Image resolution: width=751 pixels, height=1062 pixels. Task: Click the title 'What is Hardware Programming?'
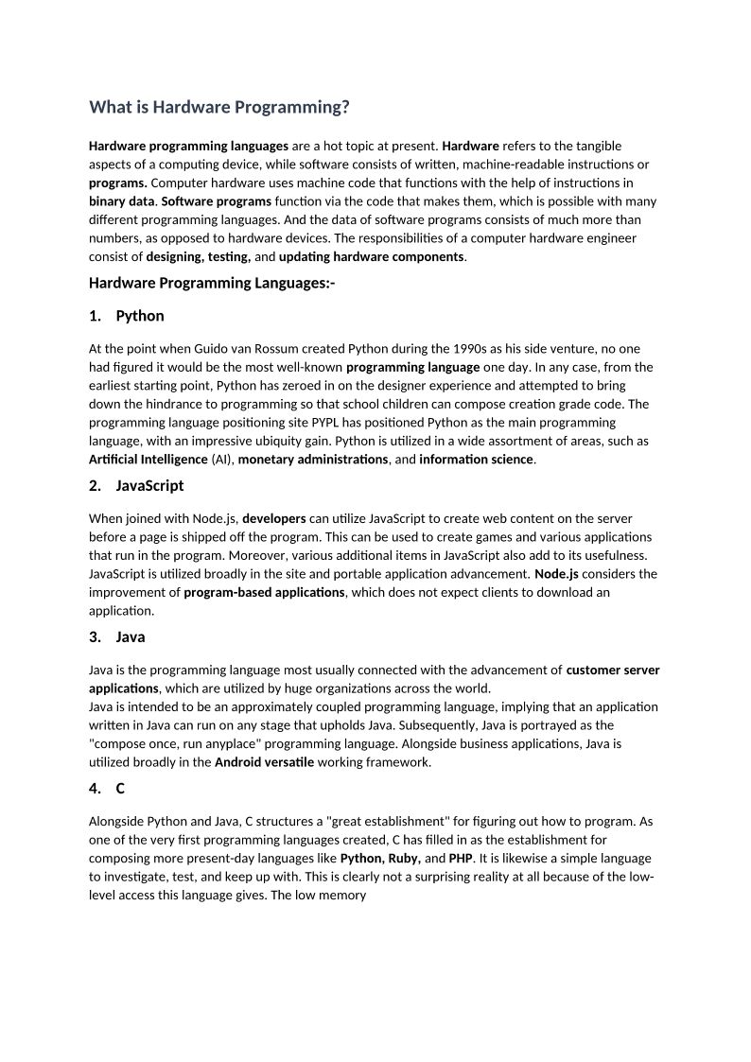(219, 108)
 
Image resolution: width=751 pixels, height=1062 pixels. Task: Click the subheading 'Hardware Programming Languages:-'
(212, 283)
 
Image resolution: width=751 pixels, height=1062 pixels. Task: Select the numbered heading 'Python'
(140, 316)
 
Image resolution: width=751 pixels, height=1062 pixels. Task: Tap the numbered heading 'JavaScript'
(149, 486)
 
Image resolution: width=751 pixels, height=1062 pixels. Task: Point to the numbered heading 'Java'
(131, 637)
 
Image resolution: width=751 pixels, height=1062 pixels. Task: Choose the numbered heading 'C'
(120, 789)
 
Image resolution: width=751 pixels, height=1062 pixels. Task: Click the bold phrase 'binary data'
(121, 201)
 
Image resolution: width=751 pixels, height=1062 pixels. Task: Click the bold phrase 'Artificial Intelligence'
(148, 460)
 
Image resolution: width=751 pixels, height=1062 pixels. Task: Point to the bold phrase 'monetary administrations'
(313, 460)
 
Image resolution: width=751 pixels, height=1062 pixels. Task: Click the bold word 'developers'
(274, 518)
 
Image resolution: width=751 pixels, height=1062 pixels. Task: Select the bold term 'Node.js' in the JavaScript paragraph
(556, 574)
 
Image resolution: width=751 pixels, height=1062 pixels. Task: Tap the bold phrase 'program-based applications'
(264, 592)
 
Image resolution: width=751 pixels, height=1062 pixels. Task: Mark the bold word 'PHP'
(461, 859)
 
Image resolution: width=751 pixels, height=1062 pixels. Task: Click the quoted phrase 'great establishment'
(388, 822)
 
